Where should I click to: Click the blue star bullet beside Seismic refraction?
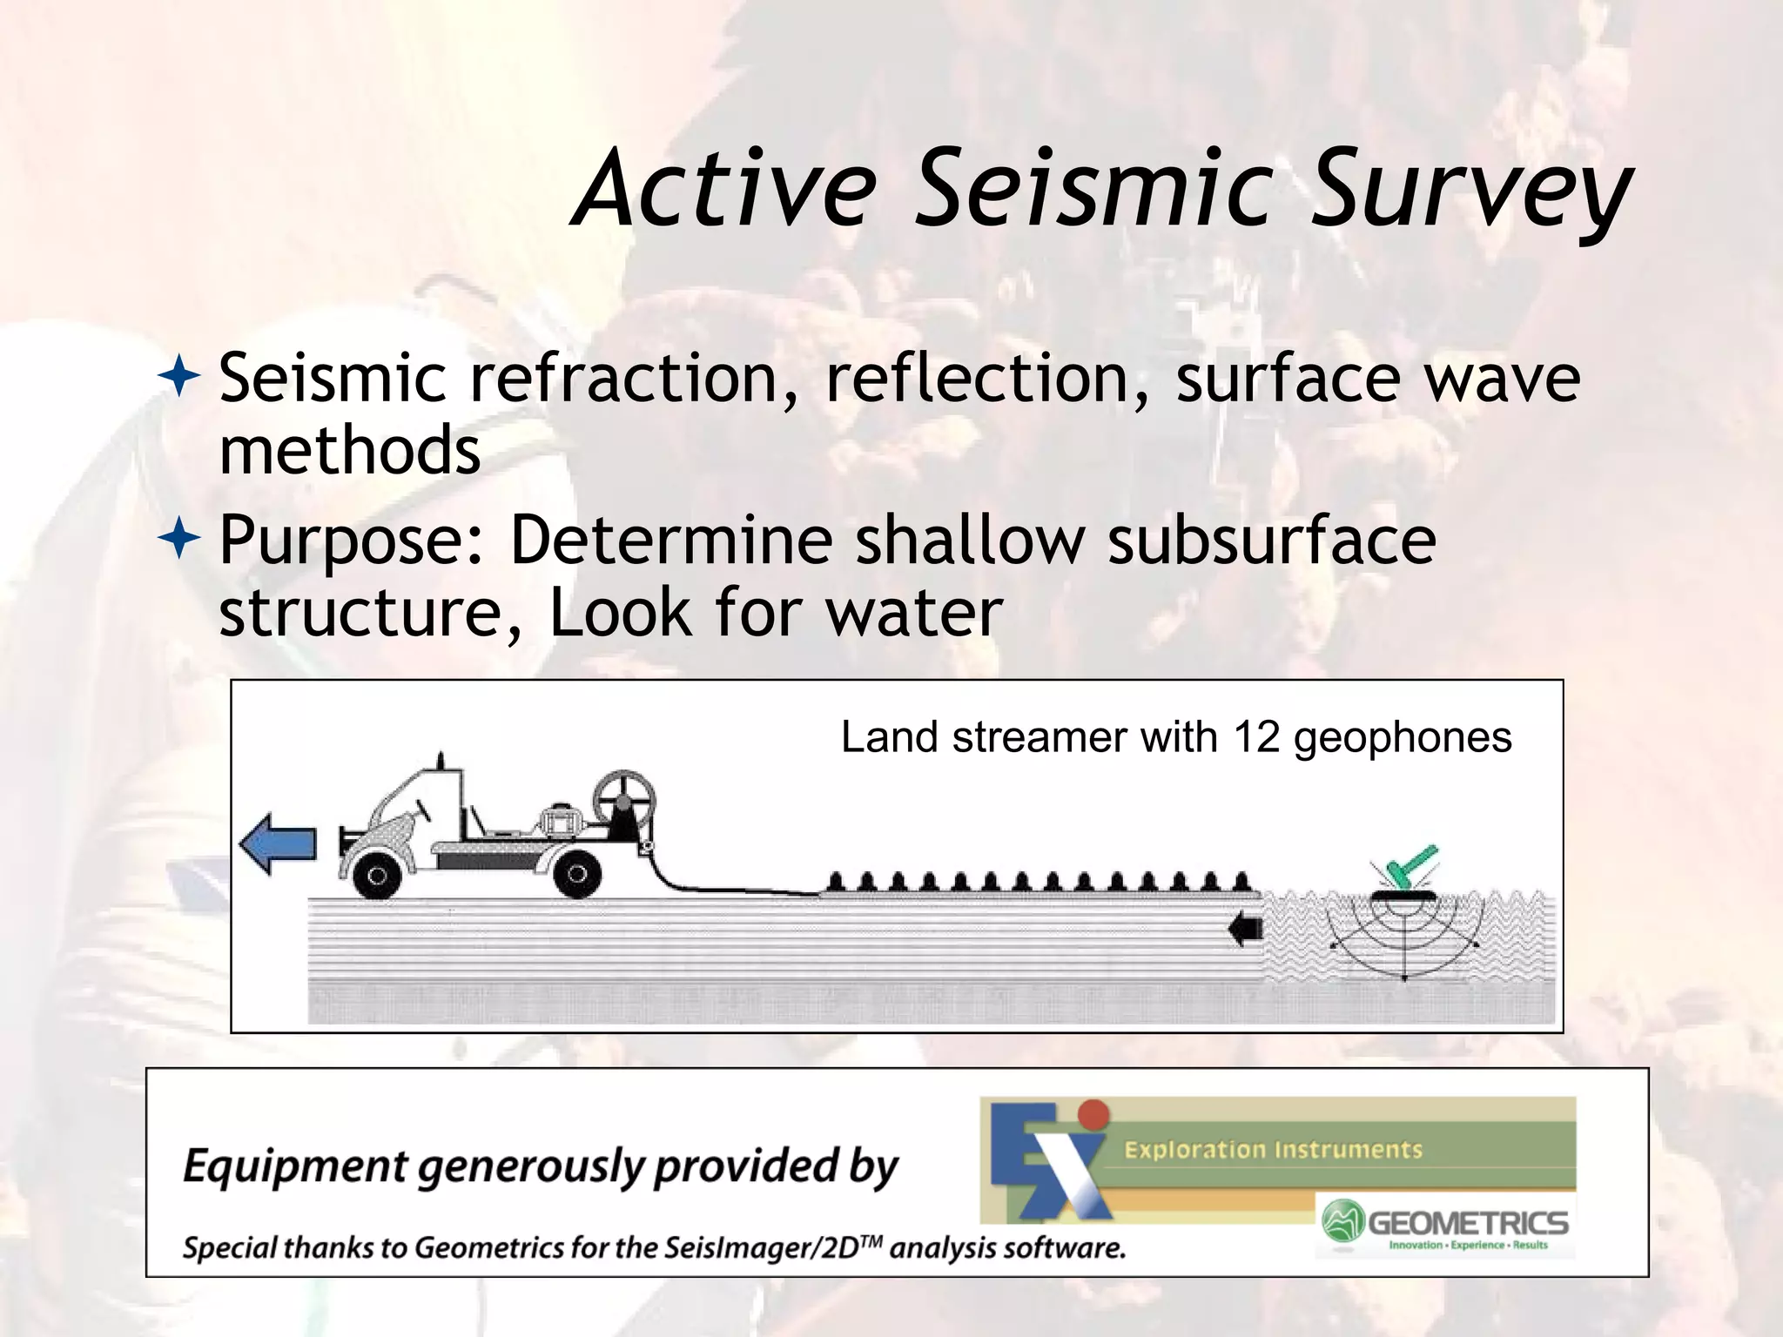(x=179, y=379)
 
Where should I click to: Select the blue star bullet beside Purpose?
(x=179, y=540)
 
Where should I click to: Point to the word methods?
(x=349, y=451)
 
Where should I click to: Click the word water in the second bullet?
(x=913, y=612)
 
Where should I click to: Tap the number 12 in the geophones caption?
(x=1255, y=737)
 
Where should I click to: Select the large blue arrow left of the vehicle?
(x=278, y=843)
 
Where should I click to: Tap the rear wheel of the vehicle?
(x=576, y=875)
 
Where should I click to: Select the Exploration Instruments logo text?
(x=1273, y=1150)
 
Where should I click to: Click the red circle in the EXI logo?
(x=1093, y=1114)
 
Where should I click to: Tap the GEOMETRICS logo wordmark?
(x=1468, y=1223)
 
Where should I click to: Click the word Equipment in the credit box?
(x=294, y=1166)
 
